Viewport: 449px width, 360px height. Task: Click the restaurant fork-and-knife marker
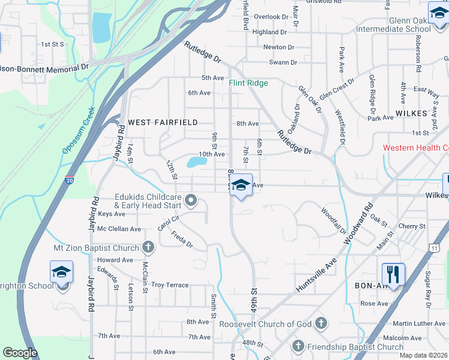point(393,274)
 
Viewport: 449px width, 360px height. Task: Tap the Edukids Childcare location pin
point(191,200)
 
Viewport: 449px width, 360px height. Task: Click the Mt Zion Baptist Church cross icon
point(148,247)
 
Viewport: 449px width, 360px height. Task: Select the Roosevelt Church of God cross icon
point(321,324)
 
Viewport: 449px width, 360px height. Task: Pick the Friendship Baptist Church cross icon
point(298,346)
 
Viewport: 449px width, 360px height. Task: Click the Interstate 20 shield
point(70,179)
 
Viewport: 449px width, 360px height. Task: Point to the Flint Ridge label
point(248,83)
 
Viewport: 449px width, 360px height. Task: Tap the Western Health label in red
point(415,148)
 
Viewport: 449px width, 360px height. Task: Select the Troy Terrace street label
point(170,285)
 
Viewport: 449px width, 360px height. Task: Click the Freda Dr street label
point(181,240)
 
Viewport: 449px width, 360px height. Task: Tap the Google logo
point(20,353)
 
